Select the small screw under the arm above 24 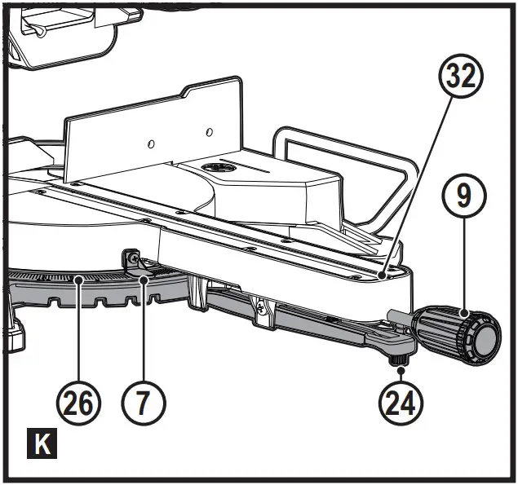click(401, 357)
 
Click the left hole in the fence click(151, 143)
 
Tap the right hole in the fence click(209, 130)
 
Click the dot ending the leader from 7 click(144, 280)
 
